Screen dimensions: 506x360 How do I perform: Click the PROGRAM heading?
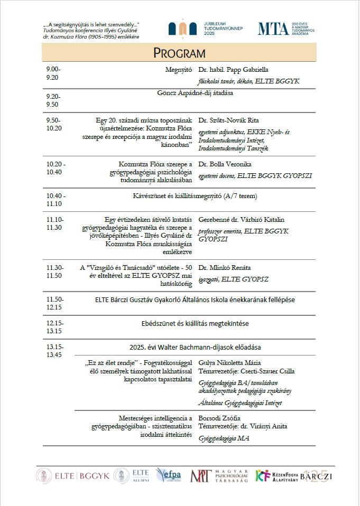tap(179, 53)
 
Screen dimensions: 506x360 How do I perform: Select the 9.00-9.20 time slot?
tap(53, 73)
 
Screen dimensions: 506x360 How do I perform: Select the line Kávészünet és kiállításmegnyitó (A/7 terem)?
tap(195, 196)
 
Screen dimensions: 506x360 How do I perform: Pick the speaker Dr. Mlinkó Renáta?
tap(224, 267)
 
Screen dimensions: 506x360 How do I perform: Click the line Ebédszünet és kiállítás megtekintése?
tap(195, 323)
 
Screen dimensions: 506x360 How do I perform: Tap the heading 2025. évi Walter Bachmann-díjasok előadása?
tap(195, 347)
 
